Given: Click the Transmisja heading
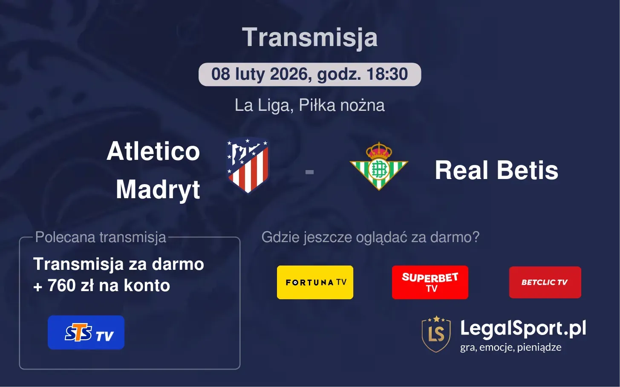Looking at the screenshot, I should coord(310,38).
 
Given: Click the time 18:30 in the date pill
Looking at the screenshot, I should coord(387,74).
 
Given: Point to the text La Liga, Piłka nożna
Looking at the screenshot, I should coord(310,105).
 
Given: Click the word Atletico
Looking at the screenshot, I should coord(153,151).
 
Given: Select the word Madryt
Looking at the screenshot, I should coord(158,189).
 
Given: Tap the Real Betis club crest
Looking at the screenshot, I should coord(378,168).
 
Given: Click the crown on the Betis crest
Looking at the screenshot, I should coord(378,150).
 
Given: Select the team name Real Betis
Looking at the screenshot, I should coord(496,170).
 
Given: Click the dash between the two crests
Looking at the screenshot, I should coord(310,172).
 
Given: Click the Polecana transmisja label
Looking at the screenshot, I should coord(101,237).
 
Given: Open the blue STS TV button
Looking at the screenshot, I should coord(86,332).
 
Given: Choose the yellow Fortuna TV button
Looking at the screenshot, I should coord(315,282).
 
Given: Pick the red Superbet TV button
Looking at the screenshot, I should coord(430,282).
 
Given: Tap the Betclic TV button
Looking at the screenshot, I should coord(545,282).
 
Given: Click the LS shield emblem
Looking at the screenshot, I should coord(436,334).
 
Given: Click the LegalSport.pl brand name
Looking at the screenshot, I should coord(523,329).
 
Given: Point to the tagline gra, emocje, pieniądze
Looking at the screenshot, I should coord(510,347).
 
